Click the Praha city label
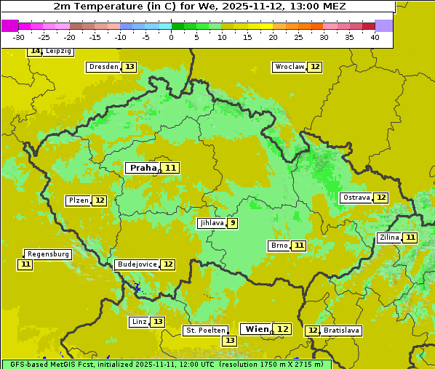pyautogui.click(x=143, y=168)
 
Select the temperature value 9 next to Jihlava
pyautogui.click(x=232, y=223)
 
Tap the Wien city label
pyautogui.click(x=256, y=329)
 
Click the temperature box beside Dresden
pyautogui.click(x=129, y=67)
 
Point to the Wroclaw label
pyautogui.click(x=289, y=67)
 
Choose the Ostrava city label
pyautogui.click(x=356, y=198)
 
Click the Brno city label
pyautogui.click(x=279, y=246)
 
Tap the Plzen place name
pyautogui.click(x=78, y=200)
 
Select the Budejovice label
pyautogui.click(x=136, y=264)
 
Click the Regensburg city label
pyautogui.click(x=48, y=254)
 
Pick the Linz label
pyautogui.click(x=138, y=322)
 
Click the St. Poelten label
pyautogui.click(x=205, y=331)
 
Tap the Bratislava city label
pyautogui.click(x=341, y=331)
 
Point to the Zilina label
pyautogui.click(x=389, y=238)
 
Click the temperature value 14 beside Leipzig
pyautogui.click(x=35, y=52)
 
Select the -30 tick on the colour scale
pyautogui.click(x=19, y=37)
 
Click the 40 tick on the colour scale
pyautogui.click(x=375, y=37)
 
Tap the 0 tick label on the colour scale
pyautogui.click(x=172, y=37)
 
